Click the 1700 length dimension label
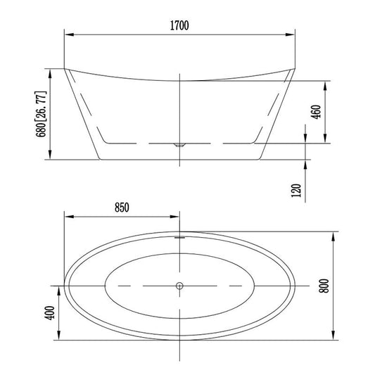179,25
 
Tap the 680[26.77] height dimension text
41,114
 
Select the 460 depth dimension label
316,112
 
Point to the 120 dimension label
296,191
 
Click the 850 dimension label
122,208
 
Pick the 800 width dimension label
324,286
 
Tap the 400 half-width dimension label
50,312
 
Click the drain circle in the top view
179,286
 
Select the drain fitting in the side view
179,144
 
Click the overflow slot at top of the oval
179,237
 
